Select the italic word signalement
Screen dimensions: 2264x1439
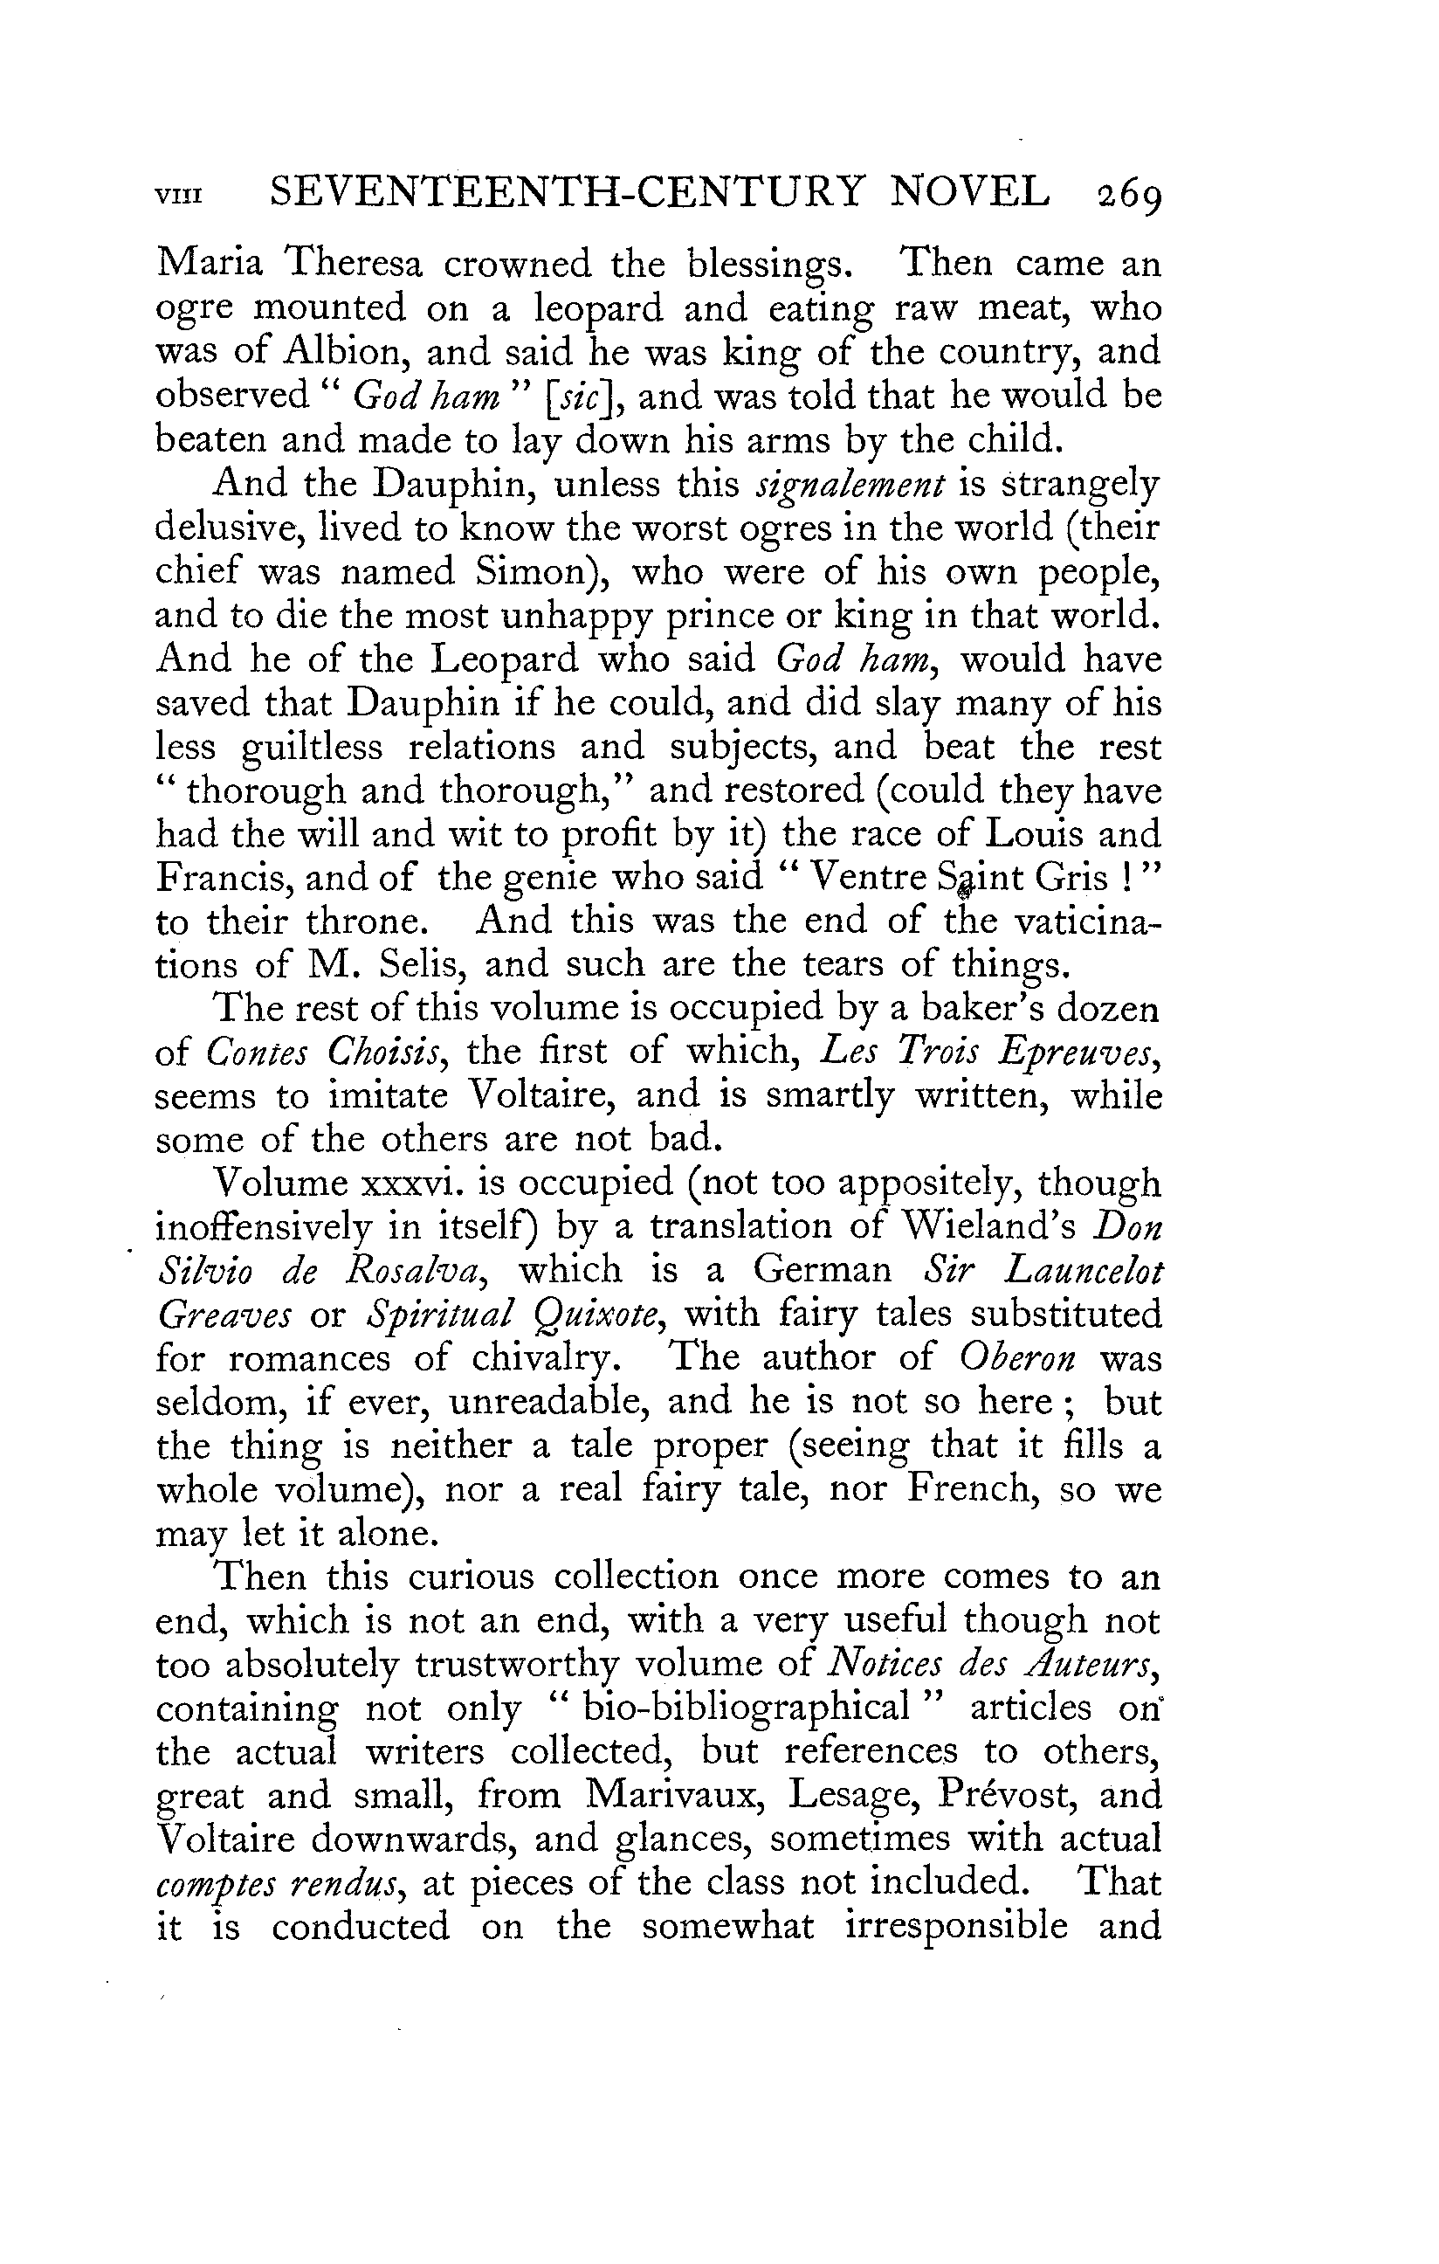point(850,485)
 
